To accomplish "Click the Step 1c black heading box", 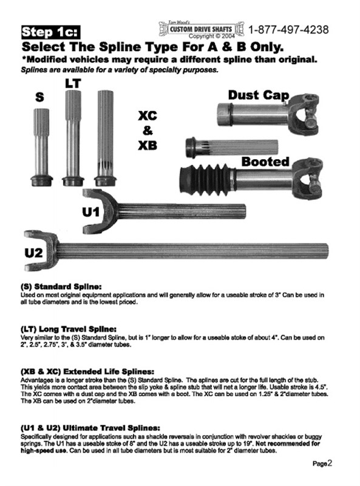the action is pos(50,32).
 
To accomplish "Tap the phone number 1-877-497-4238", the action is pos(288,30).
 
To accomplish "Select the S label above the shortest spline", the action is pos(39,97).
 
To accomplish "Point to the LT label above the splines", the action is pos(73,83).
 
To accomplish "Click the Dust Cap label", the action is pos(259,95).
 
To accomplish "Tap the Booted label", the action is pos(265,162).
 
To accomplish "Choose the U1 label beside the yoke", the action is pos(91,212).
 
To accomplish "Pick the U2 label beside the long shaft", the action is pos(33,253).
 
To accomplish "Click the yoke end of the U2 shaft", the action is pos(41,250).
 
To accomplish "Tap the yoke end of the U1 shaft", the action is pos(100,211).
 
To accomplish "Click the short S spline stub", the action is pos(41,148).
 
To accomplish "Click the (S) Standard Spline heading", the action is pos(61,286).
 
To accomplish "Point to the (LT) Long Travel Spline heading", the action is pos(69,329).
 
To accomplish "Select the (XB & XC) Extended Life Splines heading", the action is pos(87,371).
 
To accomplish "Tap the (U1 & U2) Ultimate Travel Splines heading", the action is pos(90,428).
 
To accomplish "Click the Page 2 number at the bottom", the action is pos(322,464).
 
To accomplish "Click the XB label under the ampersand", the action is pos(148,145).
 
